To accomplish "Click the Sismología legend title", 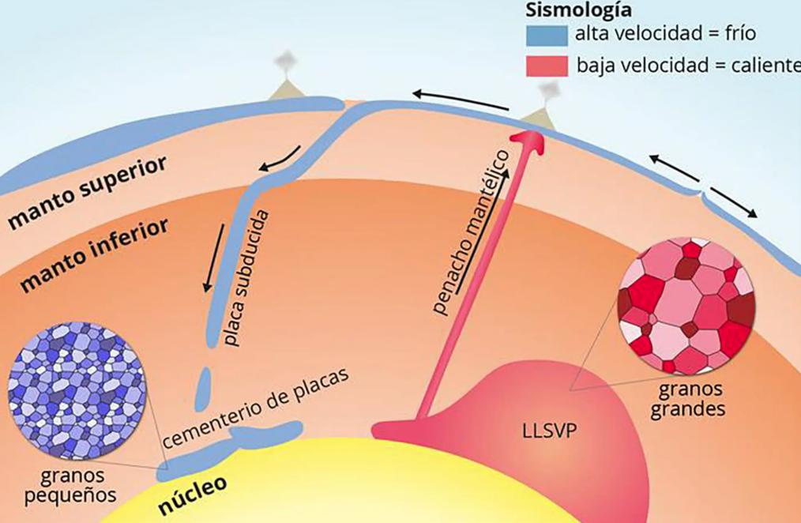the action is pos(579,9).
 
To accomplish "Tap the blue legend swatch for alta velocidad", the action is pos(547,36).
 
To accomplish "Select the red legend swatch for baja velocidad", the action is pos(547,66).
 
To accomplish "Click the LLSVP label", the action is pos(550,431).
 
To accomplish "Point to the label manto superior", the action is pos(88,191).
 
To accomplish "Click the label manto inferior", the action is pos(95,254).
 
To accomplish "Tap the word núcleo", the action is pos(193,495).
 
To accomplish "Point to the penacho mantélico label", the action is pos(471,232).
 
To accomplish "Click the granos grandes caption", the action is pos(687,400).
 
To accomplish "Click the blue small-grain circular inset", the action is pos(77,391).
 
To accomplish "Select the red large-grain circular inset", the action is pos(686,307).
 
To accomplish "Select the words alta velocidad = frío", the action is pos(665,34).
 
